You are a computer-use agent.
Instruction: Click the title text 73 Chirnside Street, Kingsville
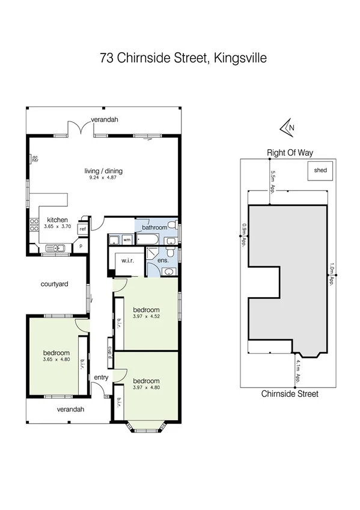pyautogui.click(x=183, y=58)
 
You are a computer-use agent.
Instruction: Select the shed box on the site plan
pyautogui.click(x=320, y=170)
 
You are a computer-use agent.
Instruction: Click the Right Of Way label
pyautogui.click(x=290, y=153)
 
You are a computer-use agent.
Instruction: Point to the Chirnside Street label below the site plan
pyautogui.click(x=290, y=394)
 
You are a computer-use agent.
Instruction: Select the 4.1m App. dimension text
pyautogui.click(x=297, y=370)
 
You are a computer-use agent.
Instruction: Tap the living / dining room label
pyautogui.click(x=103, y=171)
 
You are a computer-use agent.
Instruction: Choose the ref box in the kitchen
pyautogui.click(x=83, y=229)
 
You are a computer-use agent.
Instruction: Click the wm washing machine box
pyautogui.click(x=127, y=239)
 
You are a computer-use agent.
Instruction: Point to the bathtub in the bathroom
pyautogui.click(x=148, y=239)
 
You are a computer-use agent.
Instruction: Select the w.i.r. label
pyautogui.click(x=127, y=261)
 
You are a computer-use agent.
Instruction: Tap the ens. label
pyautogui.click(x=162, y=260)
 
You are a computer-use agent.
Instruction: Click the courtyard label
pyautogui.click(x=52, y=284)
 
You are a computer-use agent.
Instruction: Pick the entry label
pyautogui.click(x=100, y=377)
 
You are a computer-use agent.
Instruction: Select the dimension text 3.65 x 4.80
pyautogui.click(x=56, y=360)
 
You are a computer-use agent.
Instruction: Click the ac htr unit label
pyautogui.click(x=35, y=159)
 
